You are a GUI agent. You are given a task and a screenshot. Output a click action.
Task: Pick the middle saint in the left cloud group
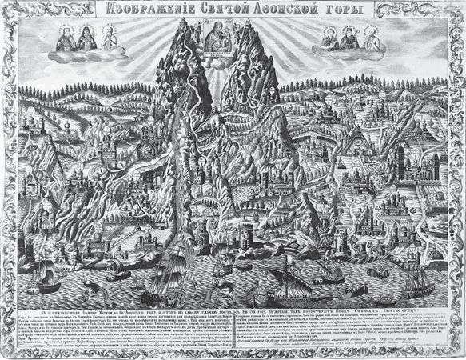[x=86, y=36]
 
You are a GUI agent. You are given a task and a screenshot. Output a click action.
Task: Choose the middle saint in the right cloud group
[x=349, y=36]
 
